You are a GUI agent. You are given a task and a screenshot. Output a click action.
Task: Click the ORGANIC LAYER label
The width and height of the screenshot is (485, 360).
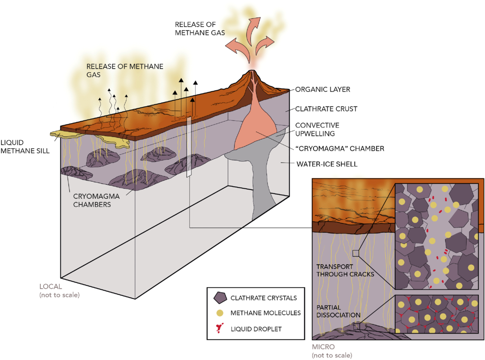pyautogui.click(x=322, y=89)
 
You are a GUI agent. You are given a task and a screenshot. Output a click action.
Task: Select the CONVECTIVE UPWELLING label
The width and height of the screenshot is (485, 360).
pyautogui.click(x=317, y=129)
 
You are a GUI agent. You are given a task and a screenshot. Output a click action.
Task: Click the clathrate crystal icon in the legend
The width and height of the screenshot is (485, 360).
pyautogui.click(x=220, y=297)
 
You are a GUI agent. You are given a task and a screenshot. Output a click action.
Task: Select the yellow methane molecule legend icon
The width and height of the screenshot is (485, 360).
pyautogui.click(x=219, y=313)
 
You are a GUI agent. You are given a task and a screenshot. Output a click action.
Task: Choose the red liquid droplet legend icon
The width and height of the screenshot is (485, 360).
pyautogui.click(x=219, y=329)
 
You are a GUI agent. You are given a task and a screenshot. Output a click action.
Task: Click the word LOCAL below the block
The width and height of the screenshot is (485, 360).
pyautogui.click(x=50, y=287)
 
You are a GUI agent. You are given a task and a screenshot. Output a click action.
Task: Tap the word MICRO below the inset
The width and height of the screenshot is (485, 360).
pyautogui.click(x=323, y=347)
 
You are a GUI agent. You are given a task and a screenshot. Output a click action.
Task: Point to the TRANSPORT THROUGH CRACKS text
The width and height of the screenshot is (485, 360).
pyautogui.click(x=345, y=270)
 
